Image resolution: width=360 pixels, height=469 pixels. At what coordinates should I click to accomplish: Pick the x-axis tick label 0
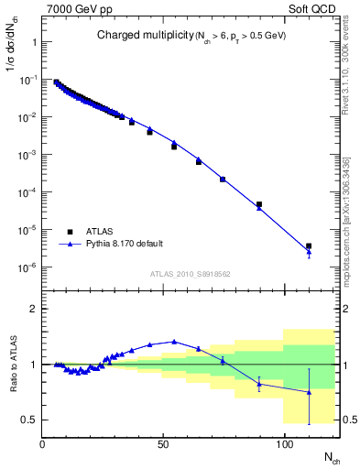pos(43,445)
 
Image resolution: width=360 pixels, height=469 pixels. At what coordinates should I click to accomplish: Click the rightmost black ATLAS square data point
pos(309,246)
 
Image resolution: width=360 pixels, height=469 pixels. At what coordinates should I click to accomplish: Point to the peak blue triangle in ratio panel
pos(174,342)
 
